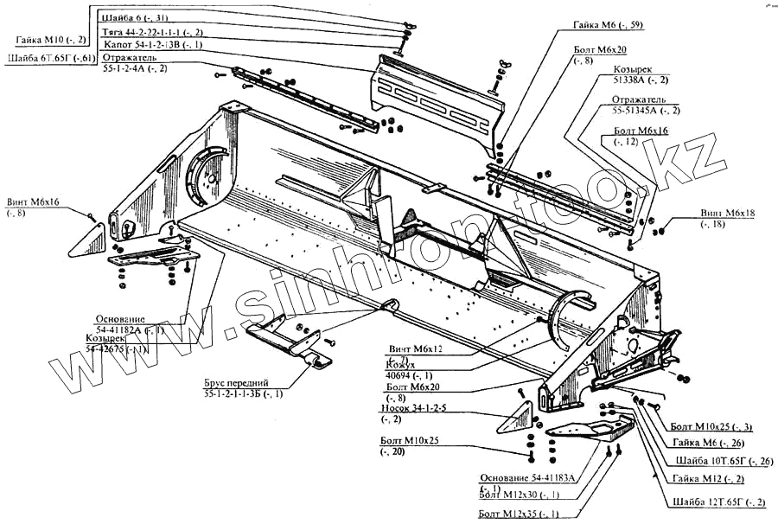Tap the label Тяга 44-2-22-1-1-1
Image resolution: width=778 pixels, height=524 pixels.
click(152, 31)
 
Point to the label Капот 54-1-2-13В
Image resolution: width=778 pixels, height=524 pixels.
click(153, 44)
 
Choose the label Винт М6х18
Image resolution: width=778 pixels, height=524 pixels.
click(728, 213)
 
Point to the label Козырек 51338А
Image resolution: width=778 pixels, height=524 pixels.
click(638, 75)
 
